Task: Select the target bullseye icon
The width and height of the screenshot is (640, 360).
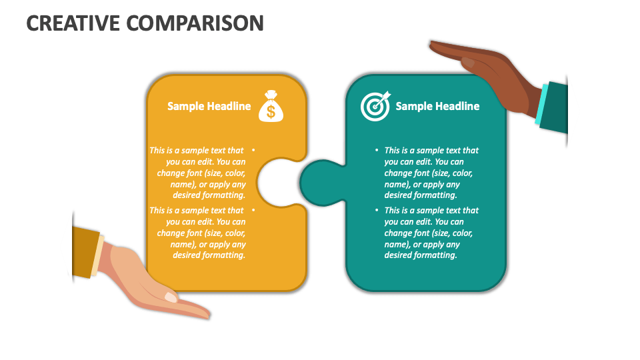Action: pyautogui.click(x=375, y=106)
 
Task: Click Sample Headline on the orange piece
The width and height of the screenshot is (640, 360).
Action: pyautogui.click(x=209, y=106)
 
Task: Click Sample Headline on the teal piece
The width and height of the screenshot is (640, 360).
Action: pyautogui.click(x=437, y=106)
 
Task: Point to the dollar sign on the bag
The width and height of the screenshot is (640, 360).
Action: pyautogui.click(x=271, y=111)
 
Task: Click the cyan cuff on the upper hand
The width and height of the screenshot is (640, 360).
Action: pyautogui.click(x=541, y=103)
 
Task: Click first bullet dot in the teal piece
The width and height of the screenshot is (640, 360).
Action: pyautogui.click(x=377, y=151)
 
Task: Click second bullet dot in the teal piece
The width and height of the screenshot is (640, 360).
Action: pyautogui.click(x=377, y=211)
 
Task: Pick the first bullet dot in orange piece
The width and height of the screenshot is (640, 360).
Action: pyautogui.click(x=254, y=151)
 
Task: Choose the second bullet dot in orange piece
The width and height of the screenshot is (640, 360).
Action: pyautogui.click(x=254, y=211)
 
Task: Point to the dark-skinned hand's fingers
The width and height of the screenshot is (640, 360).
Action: pyautogui.click(x=460, y=52)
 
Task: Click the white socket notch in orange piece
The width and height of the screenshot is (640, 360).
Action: pyautogui.click(x=273, y=183)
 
